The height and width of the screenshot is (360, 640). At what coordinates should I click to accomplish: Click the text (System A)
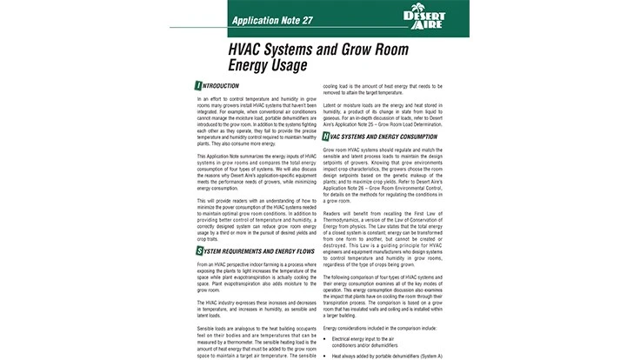click(x=430, y=355)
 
